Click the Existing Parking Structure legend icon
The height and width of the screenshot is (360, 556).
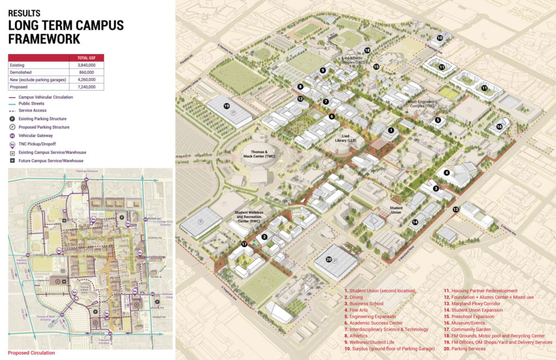pyautogui.click(x=12, y=119)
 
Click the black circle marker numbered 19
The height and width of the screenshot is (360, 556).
pyautogui.click(x=226, y=106)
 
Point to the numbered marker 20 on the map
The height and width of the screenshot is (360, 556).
pyautogui.click(x=329, y=259)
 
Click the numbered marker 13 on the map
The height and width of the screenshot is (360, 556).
pyautogui.click(x=456, y=209)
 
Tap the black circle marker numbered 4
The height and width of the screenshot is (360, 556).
pyautogui.click(x=446, y=172)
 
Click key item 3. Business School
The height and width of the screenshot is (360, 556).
pyautogui.click(x=365, y=304)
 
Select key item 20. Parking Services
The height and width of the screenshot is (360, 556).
pyautogui.click(x=470, y=349)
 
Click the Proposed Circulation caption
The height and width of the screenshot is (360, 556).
pyautogui.click(x=31, y=353)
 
